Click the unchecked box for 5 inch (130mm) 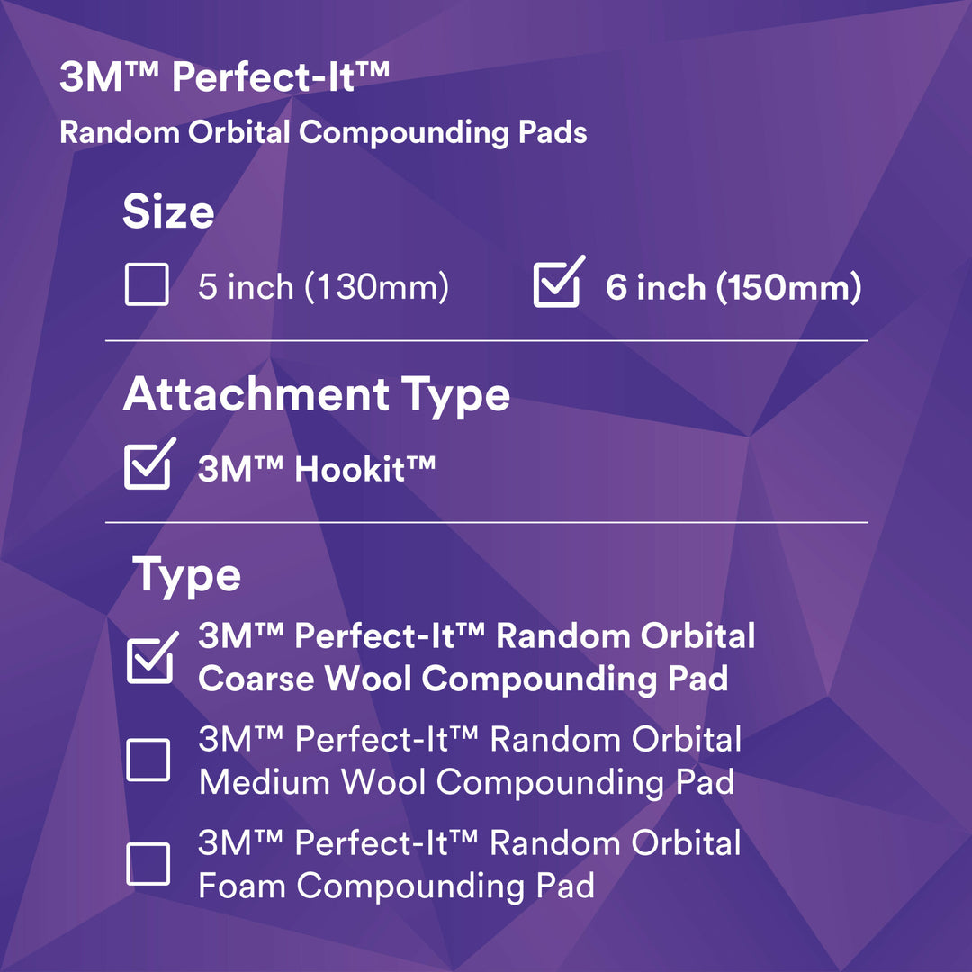(147, 286)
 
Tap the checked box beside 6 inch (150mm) (556, 286)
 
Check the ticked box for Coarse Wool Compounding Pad (149, 659)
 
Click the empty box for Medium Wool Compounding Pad (148, 760)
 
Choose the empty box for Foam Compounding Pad (148, 864)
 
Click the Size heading (168, 212)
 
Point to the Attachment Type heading (316, 394)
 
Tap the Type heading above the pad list (187, 575)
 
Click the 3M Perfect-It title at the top (225, 78)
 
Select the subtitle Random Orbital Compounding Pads (323, 133)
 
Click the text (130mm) (376, 288)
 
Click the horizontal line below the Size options (486, 341)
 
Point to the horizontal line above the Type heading (486, 522)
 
